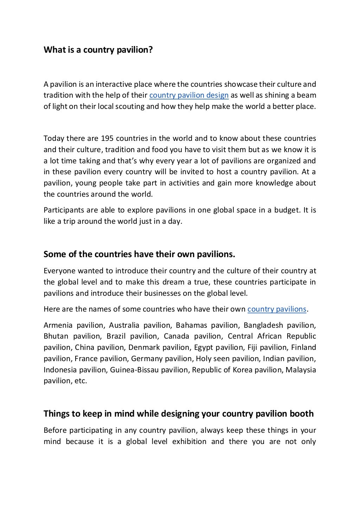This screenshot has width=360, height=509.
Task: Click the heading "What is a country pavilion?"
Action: click(98, 50)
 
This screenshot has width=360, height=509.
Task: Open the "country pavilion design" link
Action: click(189, 95)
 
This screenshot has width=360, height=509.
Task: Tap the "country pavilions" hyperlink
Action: click(277, 309)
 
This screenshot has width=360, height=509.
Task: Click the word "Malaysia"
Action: click(301, 370)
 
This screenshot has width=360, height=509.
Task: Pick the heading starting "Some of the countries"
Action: click(139, 254)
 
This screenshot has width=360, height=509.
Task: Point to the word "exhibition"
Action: click(189, 442)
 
